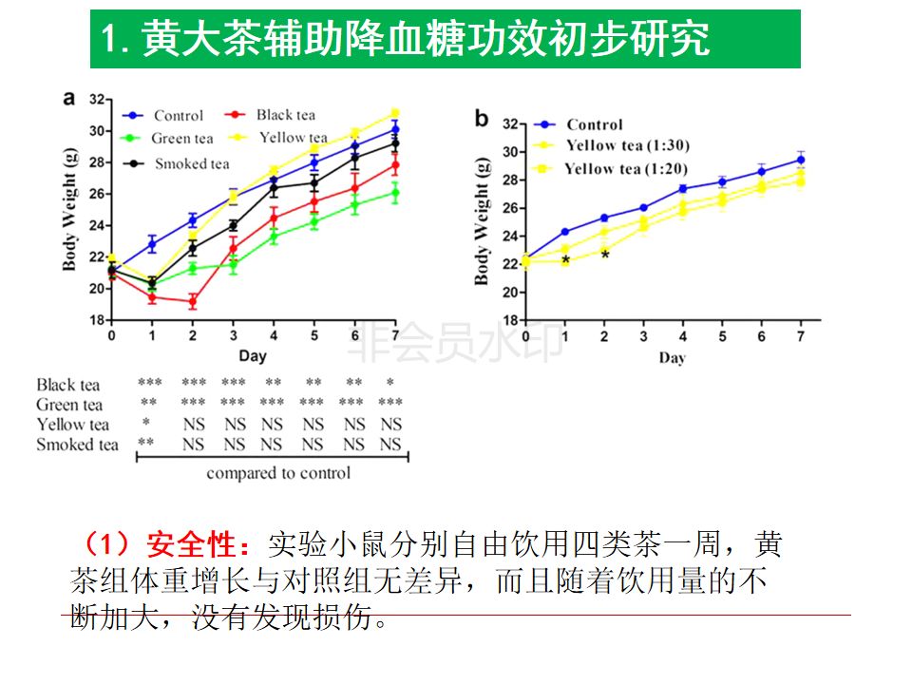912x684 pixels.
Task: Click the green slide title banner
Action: coord(445,40)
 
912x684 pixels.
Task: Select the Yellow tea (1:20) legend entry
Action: coord(626,169)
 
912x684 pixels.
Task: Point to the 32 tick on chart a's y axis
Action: coord(97,99)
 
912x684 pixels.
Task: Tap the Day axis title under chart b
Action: coord(672,358)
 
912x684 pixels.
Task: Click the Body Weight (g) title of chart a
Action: coord(69,209)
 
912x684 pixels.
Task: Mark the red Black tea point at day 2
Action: coord(192,302)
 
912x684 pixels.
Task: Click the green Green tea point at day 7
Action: coord(394,193)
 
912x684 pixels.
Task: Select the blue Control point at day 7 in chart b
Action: coord(801,160)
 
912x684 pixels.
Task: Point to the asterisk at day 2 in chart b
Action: coord(605,255)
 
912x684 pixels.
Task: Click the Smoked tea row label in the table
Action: coord(77,444)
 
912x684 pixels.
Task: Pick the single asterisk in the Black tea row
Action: coord(389,384)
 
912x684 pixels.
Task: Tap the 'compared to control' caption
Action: coord(278,473)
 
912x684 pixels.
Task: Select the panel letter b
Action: coord(482,118)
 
